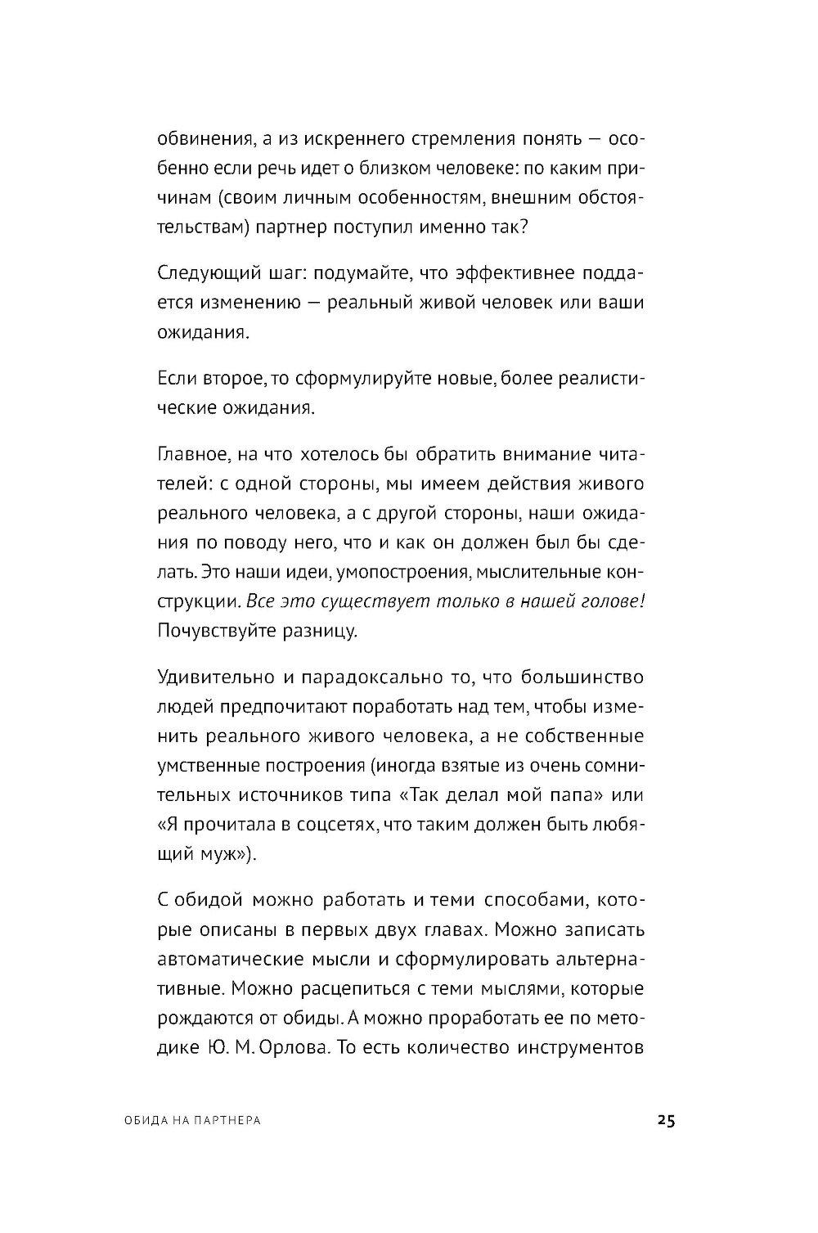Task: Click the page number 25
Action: (x=664, y=1121)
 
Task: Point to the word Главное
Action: (x=187, y=453)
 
